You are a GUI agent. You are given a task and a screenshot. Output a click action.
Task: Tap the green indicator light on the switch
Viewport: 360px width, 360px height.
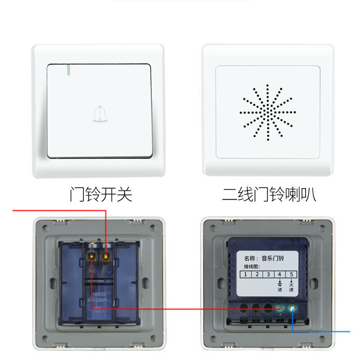pyautogui.click(x=68, y=70)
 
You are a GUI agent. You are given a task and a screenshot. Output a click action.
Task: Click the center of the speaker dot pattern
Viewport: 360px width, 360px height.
pyautogui.click(x=268, y=111)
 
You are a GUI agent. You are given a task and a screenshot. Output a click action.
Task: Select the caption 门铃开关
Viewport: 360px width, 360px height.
pyautogui.click(x=101, y=194)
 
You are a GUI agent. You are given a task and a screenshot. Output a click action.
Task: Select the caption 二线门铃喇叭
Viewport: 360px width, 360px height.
pyautogui.click(x=269, y=194)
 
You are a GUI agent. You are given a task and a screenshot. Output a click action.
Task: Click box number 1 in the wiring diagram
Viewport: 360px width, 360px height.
pyautogui.click(x=245, y=274)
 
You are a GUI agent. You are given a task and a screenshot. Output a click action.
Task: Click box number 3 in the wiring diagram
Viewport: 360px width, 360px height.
pyautogui.click(x=268, y=274)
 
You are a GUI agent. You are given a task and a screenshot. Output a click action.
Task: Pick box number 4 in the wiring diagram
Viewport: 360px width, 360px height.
pyautogui.click(x=280, y=274)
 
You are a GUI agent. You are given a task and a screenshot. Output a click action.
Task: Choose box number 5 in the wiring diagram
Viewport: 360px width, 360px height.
pyautogui.click(x=292, y=274)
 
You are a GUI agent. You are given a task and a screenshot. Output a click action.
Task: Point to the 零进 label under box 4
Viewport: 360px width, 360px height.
pyautogui.click(x=279, y=287)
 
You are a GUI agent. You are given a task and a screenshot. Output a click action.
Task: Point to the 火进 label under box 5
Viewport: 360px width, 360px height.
pyautogui.click(x=292, y=287)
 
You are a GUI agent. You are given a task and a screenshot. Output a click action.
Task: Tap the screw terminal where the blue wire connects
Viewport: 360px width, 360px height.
pyautogui.click(x=293, y=309)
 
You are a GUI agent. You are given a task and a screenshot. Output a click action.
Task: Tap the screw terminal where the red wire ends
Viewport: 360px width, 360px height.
pyautogui.click(x=280, y=309)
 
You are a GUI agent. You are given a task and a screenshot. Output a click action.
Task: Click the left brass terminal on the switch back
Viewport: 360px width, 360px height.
pyautogui.click(x=90, y=258)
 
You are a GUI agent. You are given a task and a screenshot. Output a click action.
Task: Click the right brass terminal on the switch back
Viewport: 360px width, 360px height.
pyautogui.click(x=106, y=258)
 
